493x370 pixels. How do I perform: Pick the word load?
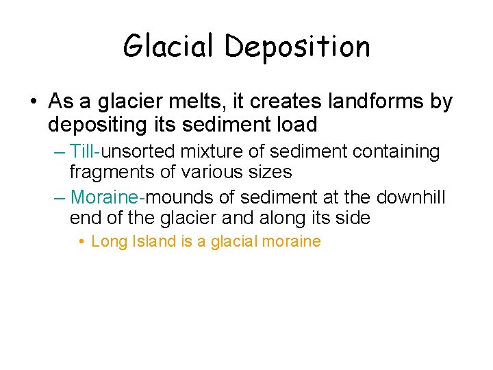[x=298, y=125]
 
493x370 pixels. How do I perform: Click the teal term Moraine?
[x=105, y=198]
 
